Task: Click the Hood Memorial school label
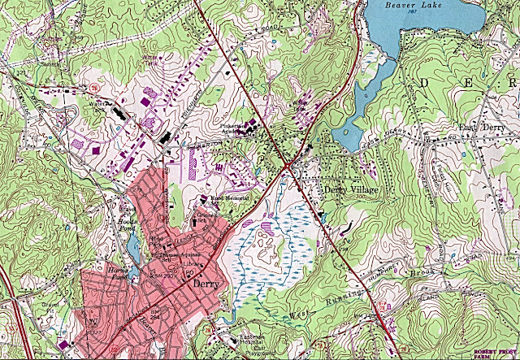[228, 197]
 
